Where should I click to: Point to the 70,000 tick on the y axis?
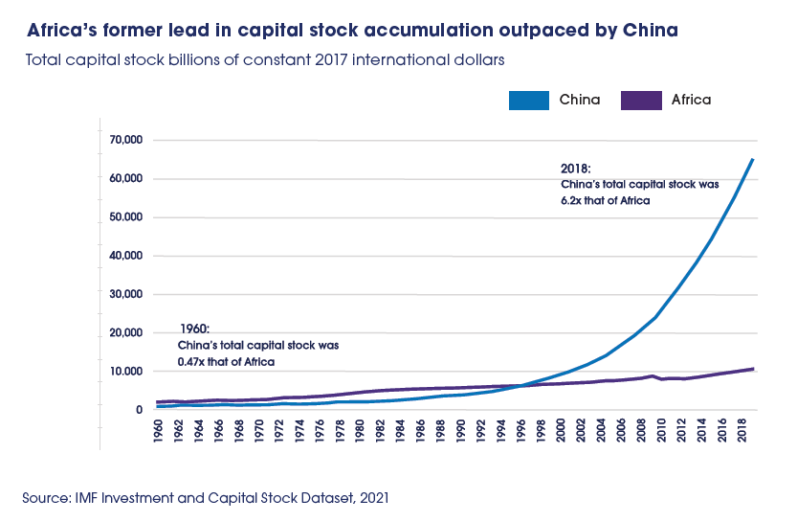(x=124, y=140)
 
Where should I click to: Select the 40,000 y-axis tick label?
(x=124, y=256)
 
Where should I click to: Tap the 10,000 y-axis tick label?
(x=124, y=372)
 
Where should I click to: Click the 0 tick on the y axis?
(x=139, y=410)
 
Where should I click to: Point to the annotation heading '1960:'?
(x=194, y=329)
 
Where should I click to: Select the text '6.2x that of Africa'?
(x=605, y=200)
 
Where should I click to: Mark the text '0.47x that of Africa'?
(x=227, y=361)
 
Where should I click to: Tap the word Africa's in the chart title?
(x=61, y=31)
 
